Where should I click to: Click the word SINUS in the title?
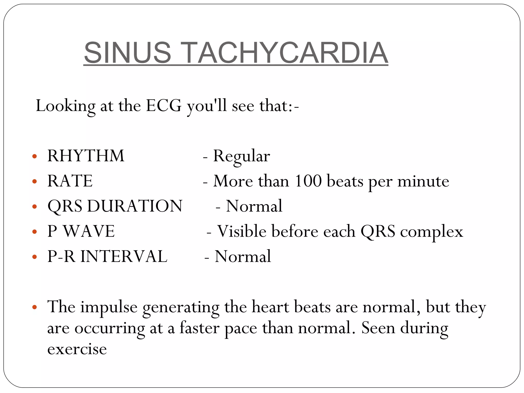tap(127, 53)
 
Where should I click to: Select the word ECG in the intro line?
tap(163, 105)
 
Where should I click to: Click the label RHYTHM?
tap(86, 156)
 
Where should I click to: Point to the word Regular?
tap(241, 156)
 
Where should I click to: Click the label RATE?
tap(70, 181)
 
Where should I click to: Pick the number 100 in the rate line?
tap(308, 181)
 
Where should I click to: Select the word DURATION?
tap(135, 206)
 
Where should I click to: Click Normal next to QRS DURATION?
tap(254, 206)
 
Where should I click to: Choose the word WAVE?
tap(89, 231)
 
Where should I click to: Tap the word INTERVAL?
tap(124, 256)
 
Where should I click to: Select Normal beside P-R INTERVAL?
tap(243, 256)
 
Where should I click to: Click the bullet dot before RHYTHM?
tap(35, 156)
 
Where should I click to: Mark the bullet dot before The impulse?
tap(35, 307)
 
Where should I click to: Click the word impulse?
tap(109, 307)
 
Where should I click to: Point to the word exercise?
tap(77, 349)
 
